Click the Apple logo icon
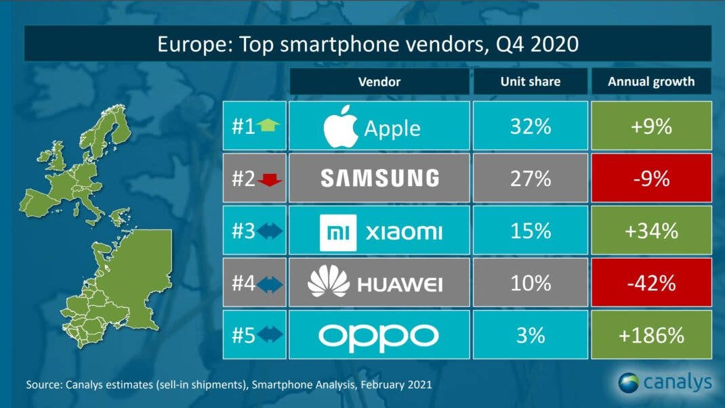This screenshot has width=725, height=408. click(x=340, y=127)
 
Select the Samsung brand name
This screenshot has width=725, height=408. click(x=379, y=178)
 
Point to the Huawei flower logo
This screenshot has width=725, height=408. click(x=328, y=283)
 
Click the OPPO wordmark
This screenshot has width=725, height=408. click(x=379, y=335)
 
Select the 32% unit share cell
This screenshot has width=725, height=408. click(x=531, y=127)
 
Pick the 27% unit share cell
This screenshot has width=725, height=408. click(x=531, y=178)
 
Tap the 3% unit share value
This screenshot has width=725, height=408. click(x=531, y=335)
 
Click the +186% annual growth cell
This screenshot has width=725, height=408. click(x=650, y=335)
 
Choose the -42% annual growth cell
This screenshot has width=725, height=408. click(x=650, y=284)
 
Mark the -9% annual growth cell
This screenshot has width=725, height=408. click(x=650, y=178)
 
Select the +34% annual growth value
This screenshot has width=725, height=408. click(x=650, y=231)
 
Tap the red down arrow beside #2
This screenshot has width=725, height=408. click(x=269, y=179)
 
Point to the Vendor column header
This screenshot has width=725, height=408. click(x=379, y=82)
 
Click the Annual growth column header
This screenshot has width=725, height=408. click(x=650, y=82)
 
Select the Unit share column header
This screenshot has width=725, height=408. click(x=531, y=82)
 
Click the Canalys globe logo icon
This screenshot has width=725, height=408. click(x=628, y=382)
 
